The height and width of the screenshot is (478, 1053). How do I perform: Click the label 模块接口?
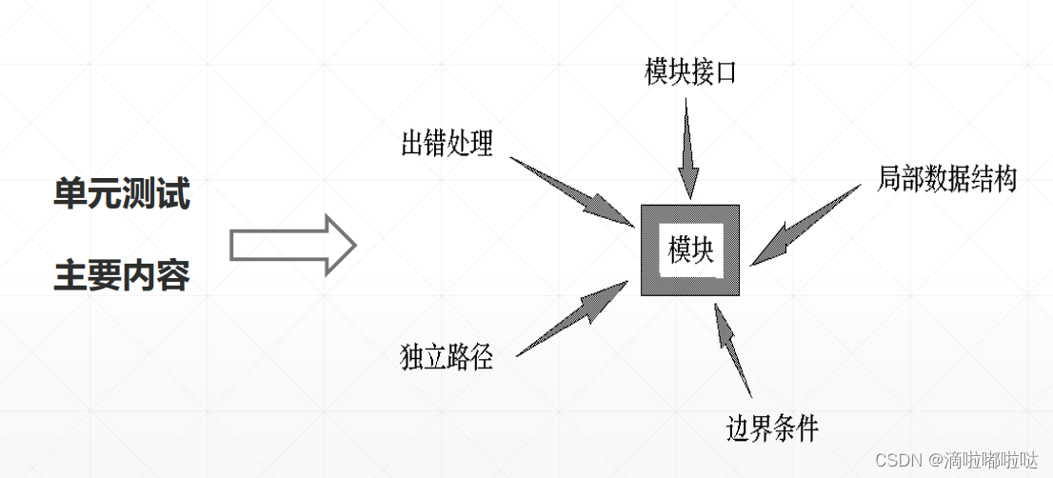690,72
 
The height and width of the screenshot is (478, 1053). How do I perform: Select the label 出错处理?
447,145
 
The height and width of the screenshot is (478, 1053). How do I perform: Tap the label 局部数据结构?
946,178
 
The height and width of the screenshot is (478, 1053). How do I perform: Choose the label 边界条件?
772,428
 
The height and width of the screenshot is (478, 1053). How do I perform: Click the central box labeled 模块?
691,249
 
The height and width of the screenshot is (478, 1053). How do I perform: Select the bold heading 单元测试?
122,195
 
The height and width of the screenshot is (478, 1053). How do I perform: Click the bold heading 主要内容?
122,275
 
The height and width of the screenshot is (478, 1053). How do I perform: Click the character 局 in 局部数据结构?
888,178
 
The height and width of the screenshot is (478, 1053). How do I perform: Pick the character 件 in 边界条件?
807,428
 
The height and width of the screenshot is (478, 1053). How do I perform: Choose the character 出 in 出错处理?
412,145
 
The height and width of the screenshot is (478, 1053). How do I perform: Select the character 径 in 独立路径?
482,359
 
